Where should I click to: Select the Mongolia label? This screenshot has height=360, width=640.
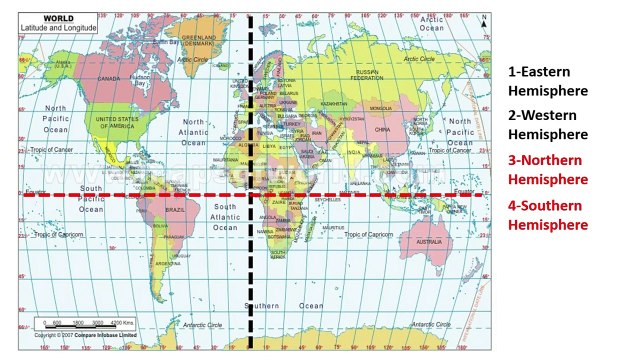(381, 107)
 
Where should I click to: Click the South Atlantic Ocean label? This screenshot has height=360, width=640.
(225, 217)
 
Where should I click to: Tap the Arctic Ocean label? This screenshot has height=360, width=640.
(432, 23)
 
